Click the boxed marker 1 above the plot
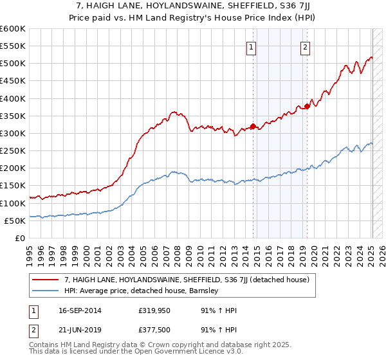(x=251, y=46)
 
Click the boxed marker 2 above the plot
(x=305, y=46)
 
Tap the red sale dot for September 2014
(x=253, y=126)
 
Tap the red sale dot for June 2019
(x=308, y=106)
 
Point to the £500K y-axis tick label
(x=13, y=64)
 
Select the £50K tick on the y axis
(x=15, y=221)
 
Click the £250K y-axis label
(x=13, y=151)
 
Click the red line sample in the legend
(x=46, y=280)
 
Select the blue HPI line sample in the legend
(x=46, y=291)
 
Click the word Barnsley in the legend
(x=205, y=291)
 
